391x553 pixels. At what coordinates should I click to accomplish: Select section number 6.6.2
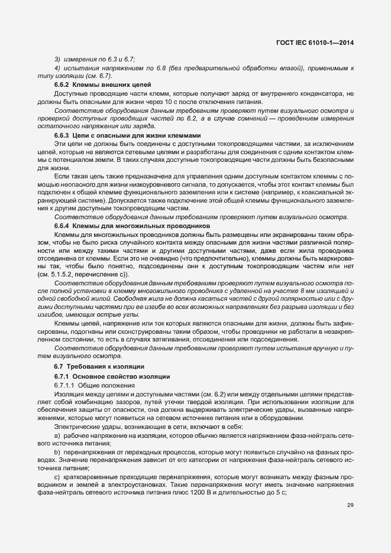tap(62, 85)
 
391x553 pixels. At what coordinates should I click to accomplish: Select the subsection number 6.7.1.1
tap(64, 385)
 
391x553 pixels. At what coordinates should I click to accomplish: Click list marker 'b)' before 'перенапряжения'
tap(57, 451)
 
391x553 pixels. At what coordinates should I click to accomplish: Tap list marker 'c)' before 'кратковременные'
tap(57, 476)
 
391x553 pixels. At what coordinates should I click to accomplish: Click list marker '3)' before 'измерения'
tap(57, 60)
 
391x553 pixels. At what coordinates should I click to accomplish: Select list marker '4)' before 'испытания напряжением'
tap(57, 69)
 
